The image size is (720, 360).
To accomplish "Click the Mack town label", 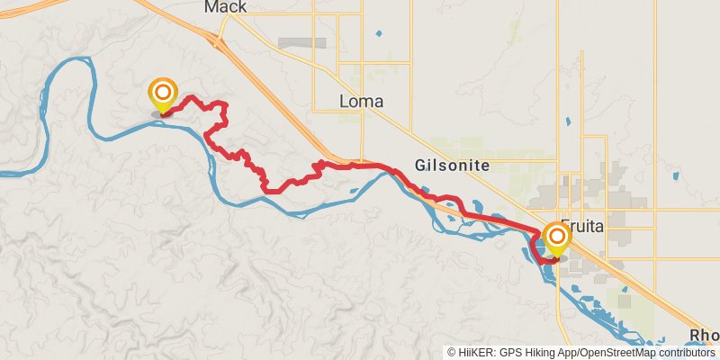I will pos(225,8).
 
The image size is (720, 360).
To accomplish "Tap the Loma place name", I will pos(362,102).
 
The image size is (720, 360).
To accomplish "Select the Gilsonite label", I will pos(453,166).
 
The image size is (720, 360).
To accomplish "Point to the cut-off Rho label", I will pos(704,336).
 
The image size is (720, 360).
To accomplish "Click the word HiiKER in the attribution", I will pos(476,352).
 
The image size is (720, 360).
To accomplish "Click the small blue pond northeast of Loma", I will pos(378,34).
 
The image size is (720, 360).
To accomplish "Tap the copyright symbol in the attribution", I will pos(453,352).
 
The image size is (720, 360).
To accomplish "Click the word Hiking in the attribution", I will pos(536,352).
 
